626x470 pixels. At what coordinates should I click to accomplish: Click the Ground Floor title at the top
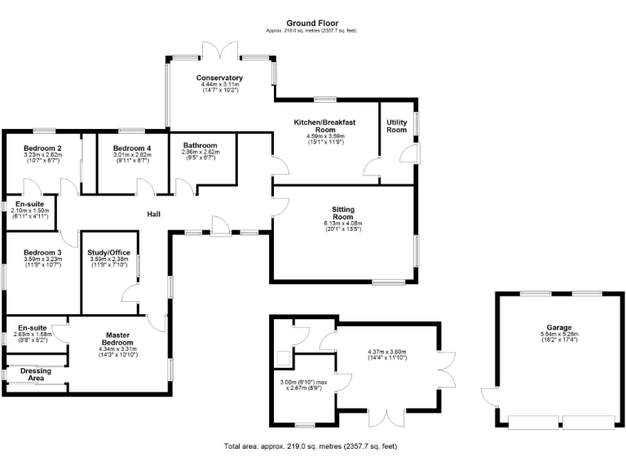coord(313,23)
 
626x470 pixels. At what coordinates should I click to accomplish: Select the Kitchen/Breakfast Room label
coord(325,126)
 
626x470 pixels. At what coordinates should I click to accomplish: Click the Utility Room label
coord(396,126)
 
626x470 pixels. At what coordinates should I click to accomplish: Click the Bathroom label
coord(199,144)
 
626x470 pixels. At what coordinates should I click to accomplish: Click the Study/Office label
coord(108,253)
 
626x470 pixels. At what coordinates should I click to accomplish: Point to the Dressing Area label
coord(31,375)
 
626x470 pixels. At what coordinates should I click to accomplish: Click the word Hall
coord(153,214)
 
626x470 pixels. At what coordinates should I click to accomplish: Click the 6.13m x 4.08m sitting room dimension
coord(342,224)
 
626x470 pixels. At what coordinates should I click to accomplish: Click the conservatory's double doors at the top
coord(220,51)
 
